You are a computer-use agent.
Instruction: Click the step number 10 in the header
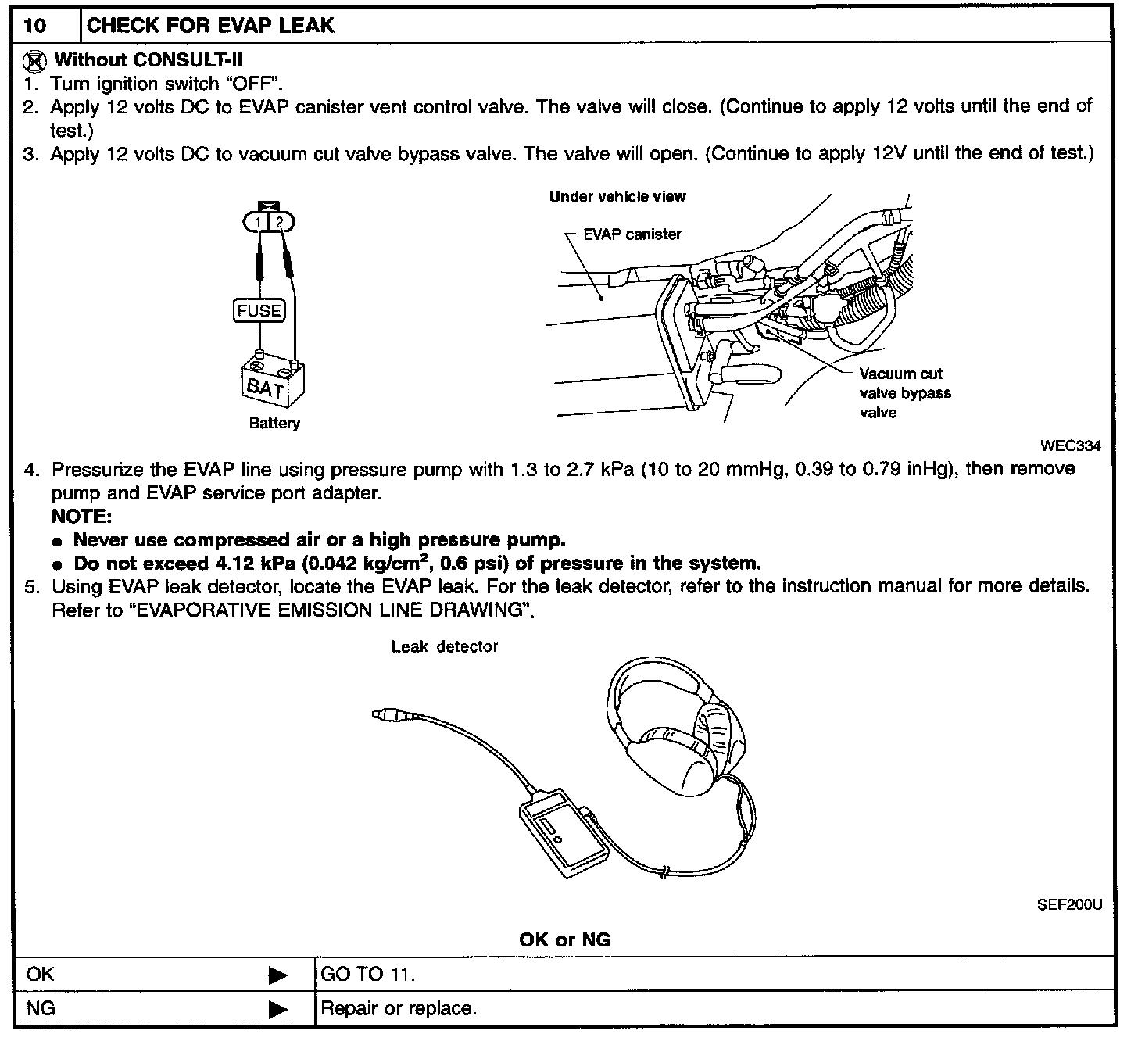click(x=35, y=26)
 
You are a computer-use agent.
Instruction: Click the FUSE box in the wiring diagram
click(x=259, y=311)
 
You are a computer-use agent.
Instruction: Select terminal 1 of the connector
click(x=259, y=224)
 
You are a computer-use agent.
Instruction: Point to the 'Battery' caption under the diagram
click(x=274, y=424)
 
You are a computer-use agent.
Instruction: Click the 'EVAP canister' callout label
click(x=632, y=234)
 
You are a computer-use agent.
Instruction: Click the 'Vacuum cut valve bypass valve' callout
click(x=904, y=393)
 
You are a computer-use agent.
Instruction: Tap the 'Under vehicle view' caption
click(x=617, y=197)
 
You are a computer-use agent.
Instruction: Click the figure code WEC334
click(x=1070, y=446)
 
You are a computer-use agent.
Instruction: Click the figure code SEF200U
click(x=1069, y=905)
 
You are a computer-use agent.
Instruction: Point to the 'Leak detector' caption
click(x=445, y=647)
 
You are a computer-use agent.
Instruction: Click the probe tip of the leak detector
click(x=380, y=714)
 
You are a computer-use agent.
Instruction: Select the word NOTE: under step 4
click(x=82, y=517)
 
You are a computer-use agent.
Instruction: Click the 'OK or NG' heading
click(x=564, y=939)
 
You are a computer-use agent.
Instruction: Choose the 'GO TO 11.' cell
click(x=368, y=975)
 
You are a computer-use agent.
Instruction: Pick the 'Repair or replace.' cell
click(x=399, y=1008)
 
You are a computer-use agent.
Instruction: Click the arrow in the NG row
click(x=277, y=1009)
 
